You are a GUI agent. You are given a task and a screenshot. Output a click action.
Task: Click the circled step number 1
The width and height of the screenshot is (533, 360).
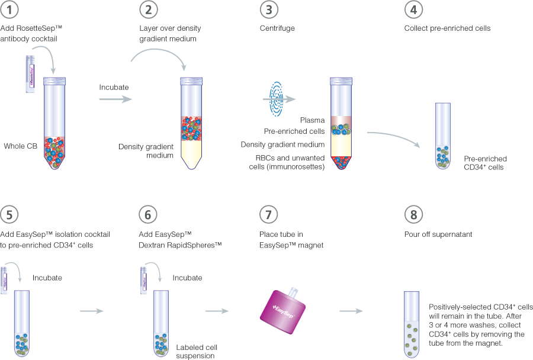click(x=11, y=10)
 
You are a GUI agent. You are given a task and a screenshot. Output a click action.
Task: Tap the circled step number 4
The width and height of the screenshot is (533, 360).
click(x=412, y=10)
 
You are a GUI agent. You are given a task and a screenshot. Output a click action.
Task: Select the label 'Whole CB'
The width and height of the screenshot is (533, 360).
click(x=20, y=146)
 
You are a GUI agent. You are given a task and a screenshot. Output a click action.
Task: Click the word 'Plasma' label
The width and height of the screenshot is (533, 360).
click(x=312, y=120)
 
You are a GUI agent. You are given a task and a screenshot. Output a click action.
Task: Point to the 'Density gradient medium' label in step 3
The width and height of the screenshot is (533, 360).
click(x=282, y=144)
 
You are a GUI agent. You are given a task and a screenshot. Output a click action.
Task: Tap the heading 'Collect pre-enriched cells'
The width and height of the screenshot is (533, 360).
click(x=447, y=28)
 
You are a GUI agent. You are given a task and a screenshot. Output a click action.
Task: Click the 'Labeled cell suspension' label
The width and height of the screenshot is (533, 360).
click(x=195, y=351)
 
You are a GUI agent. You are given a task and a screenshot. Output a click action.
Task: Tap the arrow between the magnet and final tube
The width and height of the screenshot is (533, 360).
click(x=352, y=310)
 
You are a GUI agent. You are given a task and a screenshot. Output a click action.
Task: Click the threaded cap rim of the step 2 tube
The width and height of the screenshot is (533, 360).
click(x=190, y=81)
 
